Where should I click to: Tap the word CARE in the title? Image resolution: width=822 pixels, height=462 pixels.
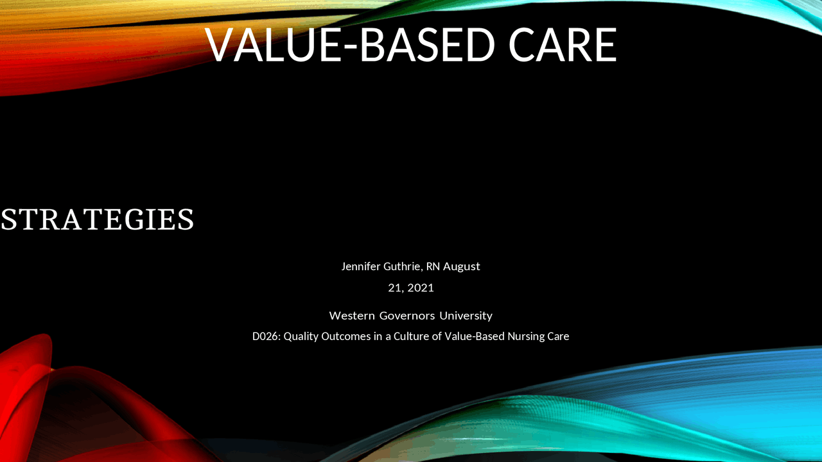tap(562, 45)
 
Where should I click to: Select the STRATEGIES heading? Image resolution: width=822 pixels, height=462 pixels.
tap(97, 219)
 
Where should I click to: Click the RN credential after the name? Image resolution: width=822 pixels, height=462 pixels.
tap(433, 266)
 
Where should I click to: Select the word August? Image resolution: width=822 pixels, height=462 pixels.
tap(461, 266)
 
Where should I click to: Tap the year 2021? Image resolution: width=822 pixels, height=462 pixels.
tap(421, 287)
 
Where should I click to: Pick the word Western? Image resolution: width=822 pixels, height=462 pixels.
tap(352, 316)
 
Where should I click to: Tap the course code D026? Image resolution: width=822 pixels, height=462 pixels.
tap(265, 336)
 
